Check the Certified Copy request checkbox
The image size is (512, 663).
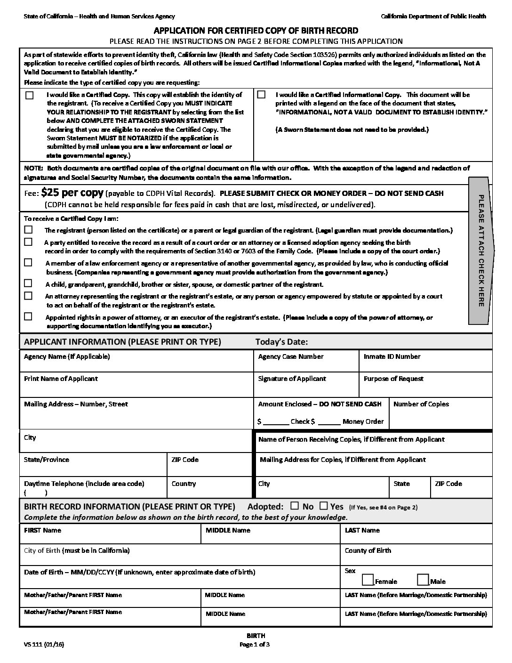point(30,95)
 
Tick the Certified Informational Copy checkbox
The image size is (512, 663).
point(261,95)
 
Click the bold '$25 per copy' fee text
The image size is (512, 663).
point(72,193)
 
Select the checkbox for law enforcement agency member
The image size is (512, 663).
point(29,263)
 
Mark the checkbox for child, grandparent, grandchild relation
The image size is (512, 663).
point(29,283)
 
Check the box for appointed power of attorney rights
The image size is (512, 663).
point(29,316)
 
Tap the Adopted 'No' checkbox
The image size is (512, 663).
point(295,506)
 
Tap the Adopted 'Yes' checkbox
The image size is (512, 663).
point(323,506)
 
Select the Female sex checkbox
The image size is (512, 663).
point(368,580)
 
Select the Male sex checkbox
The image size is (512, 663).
point(423,580)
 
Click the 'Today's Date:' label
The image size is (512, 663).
point(281,342)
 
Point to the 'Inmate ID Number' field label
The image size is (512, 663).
point(392,356)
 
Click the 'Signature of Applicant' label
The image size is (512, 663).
point(292,379)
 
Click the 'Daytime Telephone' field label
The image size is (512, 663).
point(84,484)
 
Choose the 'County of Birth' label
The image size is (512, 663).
point(368,550)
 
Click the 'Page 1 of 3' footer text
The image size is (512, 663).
point(255,645)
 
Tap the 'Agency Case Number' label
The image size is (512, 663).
point(291,356)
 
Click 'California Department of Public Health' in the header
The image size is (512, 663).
point(433,16)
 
